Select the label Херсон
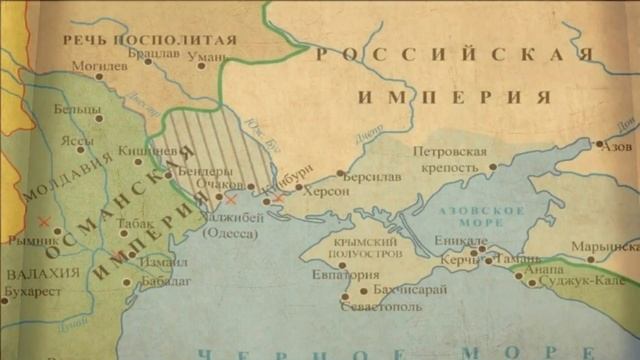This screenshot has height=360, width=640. pyautogui.click(x=326, y=190)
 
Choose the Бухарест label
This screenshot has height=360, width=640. pyautogui.click(x=33, y=292)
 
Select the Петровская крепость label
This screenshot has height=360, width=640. pyautogui.click(x=450, y=159)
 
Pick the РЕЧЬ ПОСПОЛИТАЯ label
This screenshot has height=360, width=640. pyautogui.click(x=150, y=40)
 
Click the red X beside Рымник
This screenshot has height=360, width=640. pyautogui.click(x=42, y=221)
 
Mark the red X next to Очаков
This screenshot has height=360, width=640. pyautogui.click(x=232, y=200)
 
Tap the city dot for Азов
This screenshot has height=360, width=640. pyautogui.click(x=600, y=145)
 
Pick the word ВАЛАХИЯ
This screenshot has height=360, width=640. pyautogui.click(x=42, y=273)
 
